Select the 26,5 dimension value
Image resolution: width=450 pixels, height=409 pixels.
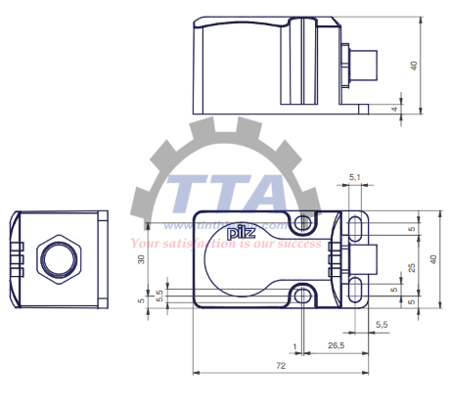[x=335, y=345]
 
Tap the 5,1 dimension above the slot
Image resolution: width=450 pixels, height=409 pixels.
[x=356, y=179]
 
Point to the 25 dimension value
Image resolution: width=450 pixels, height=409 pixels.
[x=411, y=266]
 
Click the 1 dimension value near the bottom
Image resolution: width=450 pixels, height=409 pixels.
[x=294, y=345]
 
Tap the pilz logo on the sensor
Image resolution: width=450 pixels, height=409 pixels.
[x=239, y=233]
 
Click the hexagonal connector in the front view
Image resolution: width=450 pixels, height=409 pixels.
[x=55, y=258]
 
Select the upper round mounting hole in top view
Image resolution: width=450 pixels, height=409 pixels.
[x=306, y=224]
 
